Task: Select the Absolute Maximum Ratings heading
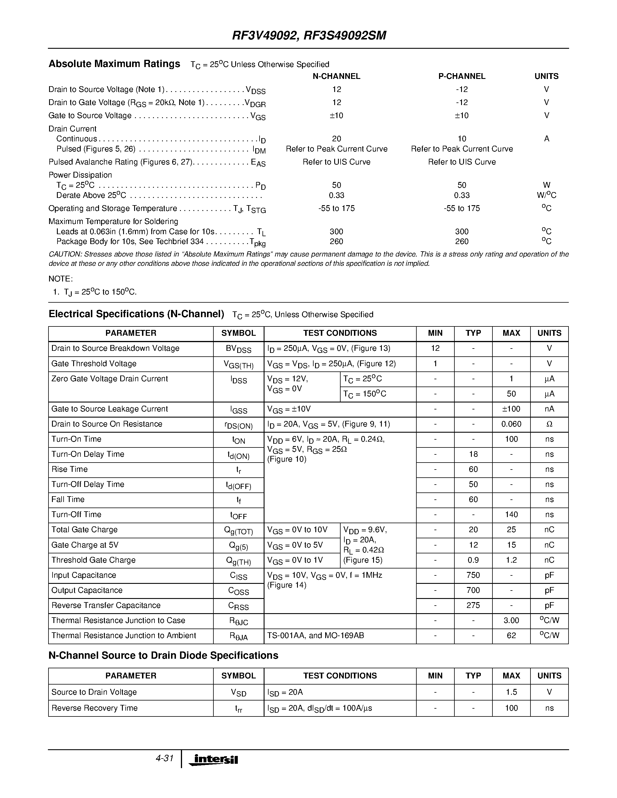pyautogui.click(x=114, y=64)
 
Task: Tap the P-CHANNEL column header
pyautogui.click(x=462, y=76)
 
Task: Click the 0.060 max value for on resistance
pyautogui.click(x=511, y=424)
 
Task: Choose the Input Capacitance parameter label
pyautogui.click(x=84, y=575)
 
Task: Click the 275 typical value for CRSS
pyautogui.click(x=473, y=605)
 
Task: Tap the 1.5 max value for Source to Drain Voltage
pyautogui.click(x=511, y=692)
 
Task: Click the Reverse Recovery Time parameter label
pyautogui.click(x=94, y=708)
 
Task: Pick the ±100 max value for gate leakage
pyautogui.click(x=511, y=409)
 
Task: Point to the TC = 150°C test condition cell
pyautogui.click(x=364, y=394)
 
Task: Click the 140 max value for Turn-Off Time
pyautogui.click(x=511, y=514)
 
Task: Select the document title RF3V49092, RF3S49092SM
pyautogui.click(x=309, y=35)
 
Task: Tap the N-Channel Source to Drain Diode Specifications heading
pyautogui.click(x=163, y=656)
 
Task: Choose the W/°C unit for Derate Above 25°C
pyautogui.click(x=546, y=195)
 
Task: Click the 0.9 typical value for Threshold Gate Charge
pyautogui.click(x=473, y=560)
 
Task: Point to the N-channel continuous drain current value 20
pyautogui.click(x=336, y=139)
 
